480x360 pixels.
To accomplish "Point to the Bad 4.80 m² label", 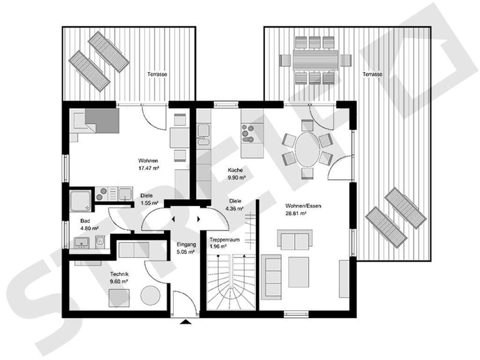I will pos(89,225).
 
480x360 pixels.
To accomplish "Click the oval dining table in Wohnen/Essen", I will pos(307,149).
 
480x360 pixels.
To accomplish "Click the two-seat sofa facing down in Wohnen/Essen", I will pos(294,240).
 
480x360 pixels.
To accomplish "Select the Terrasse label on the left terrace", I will pos(158,75).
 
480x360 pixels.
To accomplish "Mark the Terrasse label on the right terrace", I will pos(372,75).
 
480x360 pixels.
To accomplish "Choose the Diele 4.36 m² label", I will pos(233,205).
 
